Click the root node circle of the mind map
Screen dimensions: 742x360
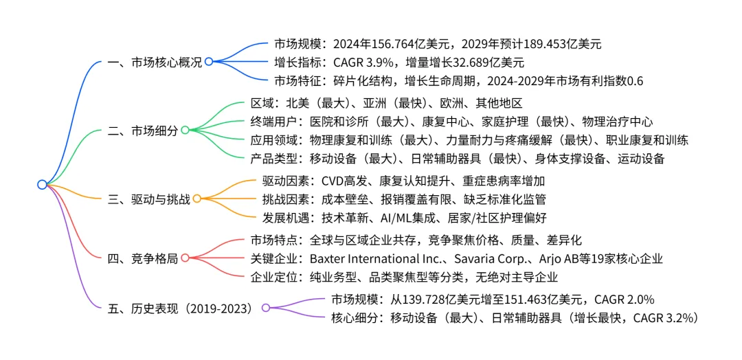coord(42,184)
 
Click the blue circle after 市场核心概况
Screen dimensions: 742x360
coord(209,62)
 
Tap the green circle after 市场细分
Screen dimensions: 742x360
coord(185,130)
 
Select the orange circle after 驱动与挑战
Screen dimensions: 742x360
coord(196,199)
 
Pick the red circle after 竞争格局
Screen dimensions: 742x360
coord(185,259)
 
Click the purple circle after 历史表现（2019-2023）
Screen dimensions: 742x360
coord(266,308)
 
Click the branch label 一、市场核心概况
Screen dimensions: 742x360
coord(155,62)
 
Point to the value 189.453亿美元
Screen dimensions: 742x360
coord(563,44)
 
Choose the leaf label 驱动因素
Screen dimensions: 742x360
coord(284,181)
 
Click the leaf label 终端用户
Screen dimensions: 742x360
coord(273,122)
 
